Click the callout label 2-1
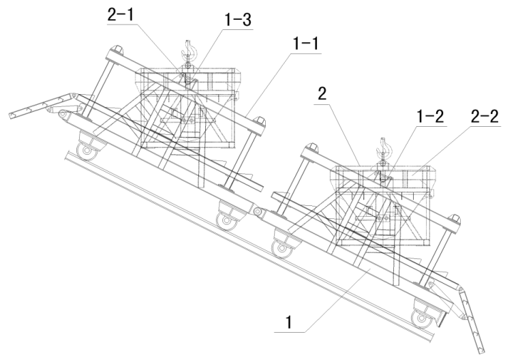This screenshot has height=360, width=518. (121, 14)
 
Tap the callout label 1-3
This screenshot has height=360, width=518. (238, 20)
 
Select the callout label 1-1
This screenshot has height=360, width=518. (306, 44)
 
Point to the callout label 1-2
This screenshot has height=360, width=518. (431, 117)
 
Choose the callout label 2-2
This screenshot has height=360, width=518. (485, 117)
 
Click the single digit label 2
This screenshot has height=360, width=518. (322, 94)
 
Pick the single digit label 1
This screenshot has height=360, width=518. (289, 322)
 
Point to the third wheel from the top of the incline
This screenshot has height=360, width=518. (282, 247)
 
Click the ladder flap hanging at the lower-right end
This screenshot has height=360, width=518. (472, 320)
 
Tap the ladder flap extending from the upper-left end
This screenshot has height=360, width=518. (43, 106)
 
